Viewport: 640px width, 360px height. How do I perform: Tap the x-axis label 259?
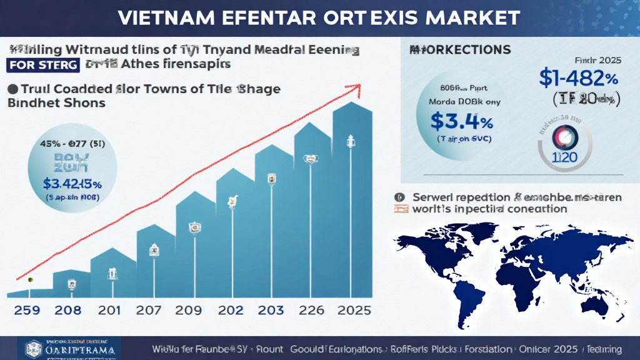coord(26,311)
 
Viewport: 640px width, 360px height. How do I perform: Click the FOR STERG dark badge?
coord(42,65)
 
